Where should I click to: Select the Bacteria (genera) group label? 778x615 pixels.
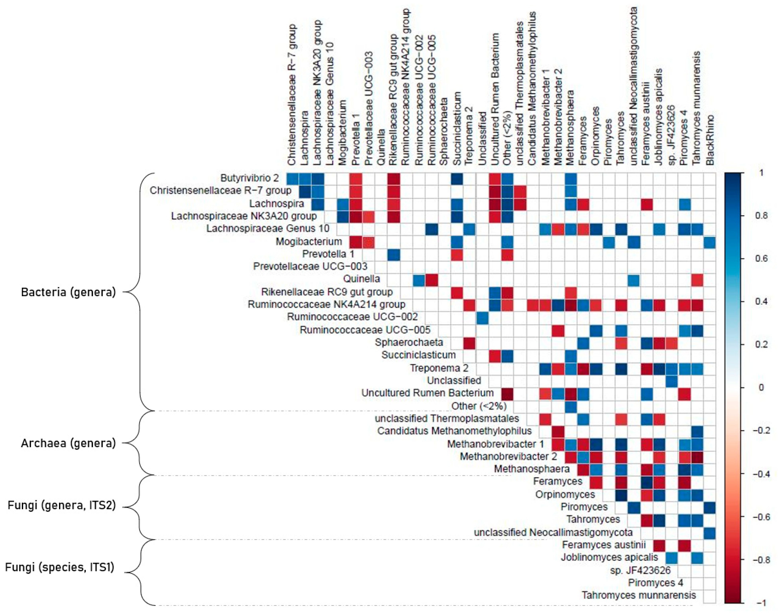coord(68,292)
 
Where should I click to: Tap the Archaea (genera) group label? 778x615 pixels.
coord(68,443)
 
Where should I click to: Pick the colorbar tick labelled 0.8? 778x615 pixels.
coord(760,216)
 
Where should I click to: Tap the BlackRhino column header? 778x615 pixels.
coord(710,140)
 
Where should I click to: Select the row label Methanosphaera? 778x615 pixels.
coord(532,469)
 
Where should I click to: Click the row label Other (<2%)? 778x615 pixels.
coord(479,406)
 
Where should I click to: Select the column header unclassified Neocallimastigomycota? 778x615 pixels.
coord(633,86)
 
